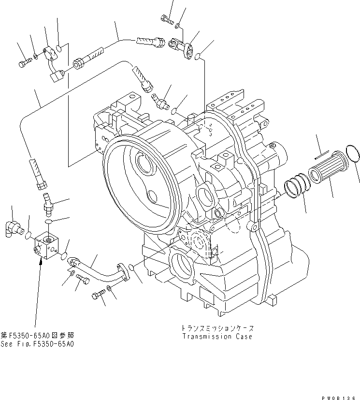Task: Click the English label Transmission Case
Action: [217, 337]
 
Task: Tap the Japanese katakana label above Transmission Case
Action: [218, 328]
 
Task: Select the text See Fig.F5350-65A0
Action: [37, 344]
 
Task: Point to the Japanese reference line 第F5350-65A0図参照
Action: [37, 335]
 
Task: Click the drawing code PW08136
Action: [340, 397]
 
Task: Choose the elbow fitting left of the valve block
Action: [14, 227]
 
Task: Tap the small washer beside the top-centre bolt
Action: [178, 25]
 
